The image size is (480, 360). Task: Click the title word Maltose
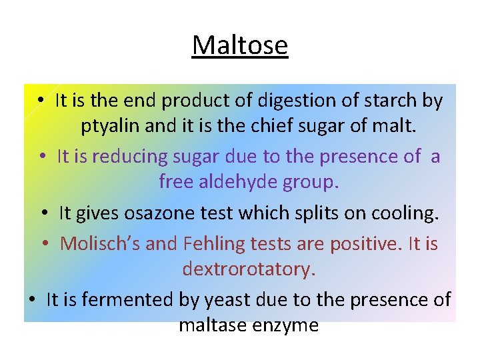pos(240,46)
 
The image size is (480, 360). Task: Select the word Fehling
pos(212,244)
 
